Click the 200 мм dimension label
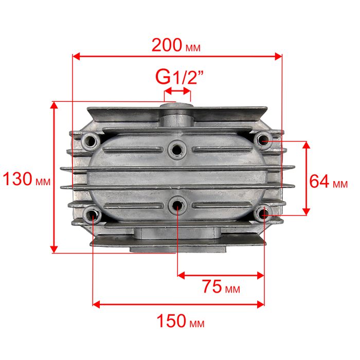176,45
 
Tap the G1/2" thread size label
179,78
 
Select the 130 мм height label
26,179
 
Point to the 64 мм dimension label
329,182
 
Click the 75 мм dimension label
221,286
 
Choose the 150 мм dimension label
181,321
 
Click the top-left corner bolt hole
91,141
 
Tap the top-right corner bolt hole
263,139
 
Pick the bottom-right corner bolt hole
263,214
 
